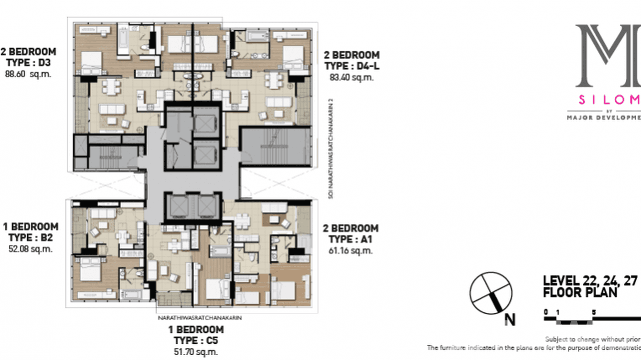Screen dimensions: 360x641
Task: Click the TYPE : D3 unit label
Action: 28,63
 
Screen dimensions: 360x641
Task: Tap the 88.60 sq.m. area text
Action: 28,74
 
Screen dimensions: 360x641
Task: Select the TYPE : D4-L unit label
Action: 352,66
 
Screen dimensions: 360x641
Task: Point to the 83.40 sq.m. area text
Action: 352,77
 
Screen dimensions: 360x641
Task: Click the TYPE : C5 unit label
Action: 196,341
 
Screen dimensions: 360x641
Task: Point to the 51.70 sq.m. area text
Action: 196,352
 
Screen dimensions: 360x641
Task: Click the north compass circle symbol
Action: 491,293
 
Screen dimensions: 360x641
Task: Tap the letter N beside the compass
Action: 510,319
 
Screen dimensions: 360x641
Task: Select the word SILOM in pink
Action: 609,100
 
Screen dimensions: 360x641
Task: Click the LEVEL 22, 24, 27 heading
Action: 590,281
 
